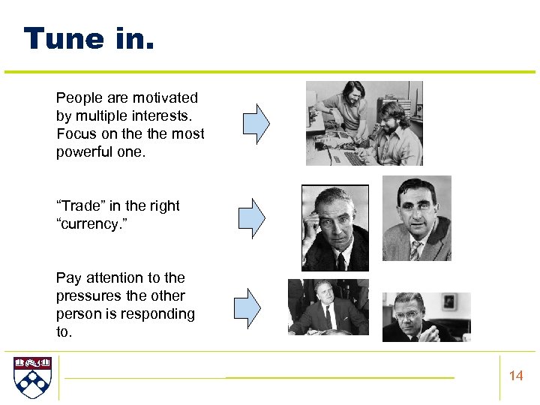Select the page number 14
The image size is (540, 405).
pyautogui.click(x=516, y=376)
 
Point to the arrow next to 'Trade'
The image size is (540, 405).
pyautogui.click(x=252, y=217)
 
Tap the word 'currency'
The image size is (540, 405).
pyautogui.click(x=91, y=224)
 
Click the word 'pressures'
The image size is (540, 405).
pyautogui.click(x=86, y=296)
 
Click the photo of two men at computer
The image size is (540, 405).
pyautogui.click(x=364, y=123)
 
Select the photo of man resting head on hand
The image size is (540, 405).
pyautogui.click(x=334, y=227)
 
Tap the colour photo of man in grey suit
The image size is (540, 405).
pyautogui.click(x=416, y=218)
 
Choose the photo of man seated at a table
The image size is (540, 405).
pyautogui.click(x=328, y=307)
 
